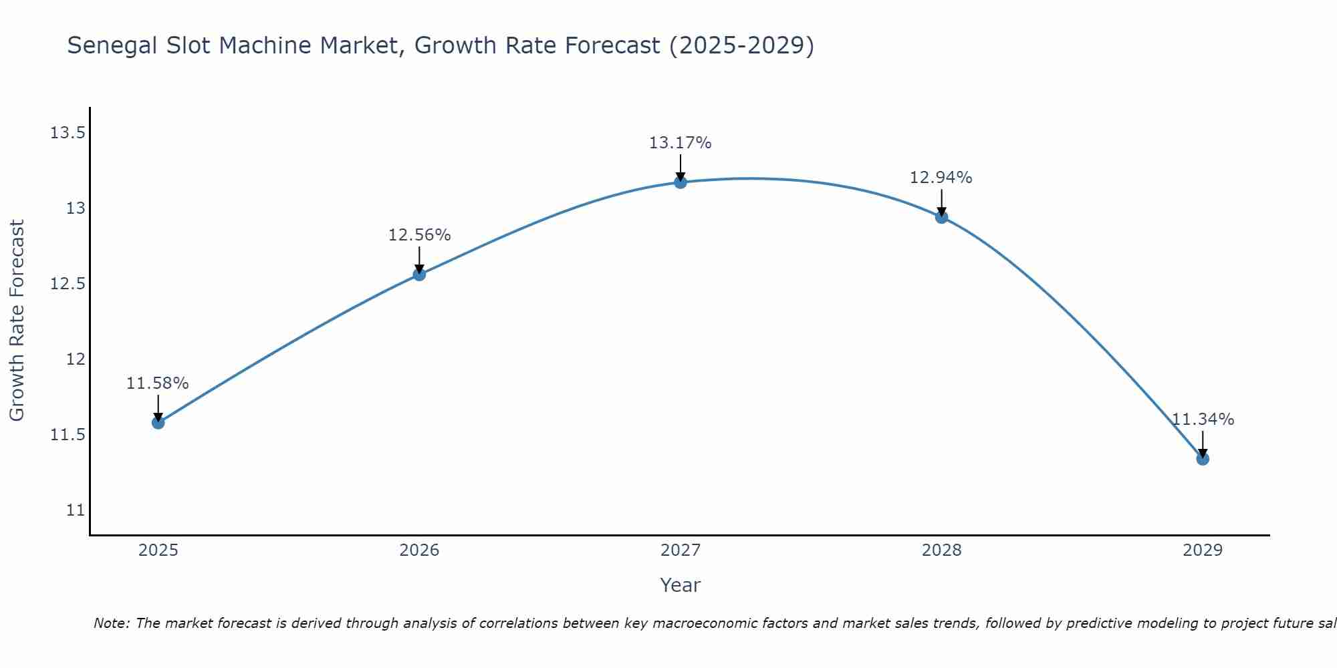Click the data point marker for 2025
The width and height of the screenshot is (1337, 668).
pos(158,422)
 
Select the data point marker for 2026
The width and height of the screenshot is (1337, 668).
pos(419,274)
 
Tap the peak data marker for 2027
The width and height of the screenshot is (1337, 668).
pos(681,182)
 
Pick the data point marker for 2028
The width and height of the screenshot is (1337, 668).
pos(941,216)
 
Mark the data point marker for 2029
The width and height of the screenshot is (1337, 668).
pos(1203,458)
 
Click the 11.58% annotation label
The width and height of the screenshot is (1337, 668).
pos(158,383)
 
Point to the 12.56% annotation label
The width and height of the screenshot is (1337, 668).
pos(419,235)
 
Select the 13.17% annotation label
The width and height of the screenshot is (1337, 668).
pos(681,143)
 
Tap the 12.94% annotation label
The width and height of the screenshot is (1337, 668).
pos(941,178)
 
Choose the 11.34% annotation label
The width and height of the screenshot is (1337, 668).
pos(1203,420)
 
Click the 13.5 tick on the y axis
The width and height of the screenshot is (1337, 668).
pos(68,133)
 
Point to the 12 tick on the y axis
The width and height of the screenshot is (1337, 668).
pos(76,359)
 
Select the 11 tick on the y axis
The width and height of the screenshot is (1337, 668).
pos(76,510)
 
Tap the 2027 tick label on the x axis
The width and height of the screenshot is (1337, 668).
pos(681,550)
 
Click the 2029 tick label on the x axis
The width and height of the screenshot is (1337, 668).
pos(1203,550)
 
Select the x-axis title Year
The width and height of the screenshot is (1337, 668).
pos(681,585)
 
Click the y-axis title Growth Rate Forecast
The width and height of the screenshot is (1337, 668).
pos(17,321)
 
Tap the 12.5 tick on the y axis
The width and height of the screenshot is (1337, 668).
pos(68,284)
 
